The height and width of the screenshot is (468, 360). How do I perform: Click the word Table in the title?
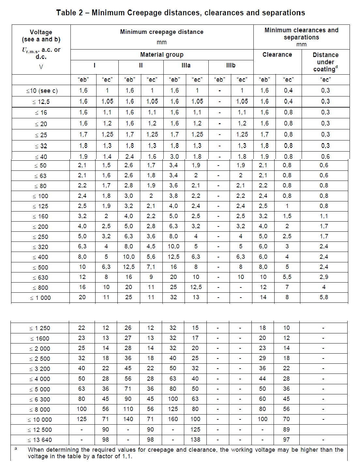pyautogui.click(x=66, y=13)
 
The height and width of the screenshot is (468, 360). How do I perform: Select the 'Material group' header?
pyautogui.click(x=162, y=55)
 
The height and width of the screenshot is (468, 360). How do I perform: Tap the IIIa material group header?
pyautogui.click(x=186, y=66)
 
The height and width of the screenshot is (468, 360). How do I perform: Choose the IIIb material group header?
pyautogui.click(x=231, y=66)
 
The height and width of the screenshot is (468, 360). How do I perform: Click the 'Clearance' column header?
pyautogui.click(x=277, y=55)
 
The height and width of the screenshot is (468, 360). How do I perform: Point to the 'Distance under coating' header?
pyautogui.click(x=325, y=62)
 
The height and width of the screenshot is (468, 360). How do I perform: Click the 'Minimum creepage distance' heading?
pyautogui.click(x=162, y=32)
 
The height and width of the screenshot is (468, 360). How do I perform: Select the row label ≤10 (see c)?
pyautogui.click(x=42, y=91)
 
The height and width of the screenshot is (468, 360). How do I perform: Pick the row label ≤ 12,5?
pyautogui.click(x=41, y=102)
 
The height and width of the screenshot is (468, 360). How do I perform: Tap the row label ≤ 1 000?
pyautogui.click(x=40, y=298)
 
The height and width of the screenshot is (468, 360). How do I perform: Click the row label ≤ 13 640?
pyautogui.click(x=40, y=440)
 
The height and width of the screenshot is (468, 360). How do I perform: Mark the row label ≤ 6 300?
pyautogui.click(x=40, y=400)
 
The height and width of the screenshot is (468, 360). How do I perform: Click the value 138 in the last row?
pyautogui.click(x=195, y=440)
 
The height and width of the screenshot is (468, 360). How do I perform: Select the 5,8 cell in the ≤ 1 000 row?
pyautogui.click(x=324, y=297)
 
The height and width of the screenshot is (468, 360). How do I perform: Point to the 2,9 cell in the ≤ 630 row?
pyautogui.click(x=324, y=277)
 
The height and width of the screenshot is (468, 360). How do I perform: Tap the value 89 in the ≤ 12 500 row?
pyautogui.click(x=286, y=430)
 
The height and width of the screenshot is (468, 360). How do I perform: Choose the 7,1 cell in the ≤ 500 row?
pyautogui.click(x=151, y=267)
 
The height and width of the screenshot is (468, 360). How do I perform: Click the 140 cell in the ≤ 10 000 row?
pyautogui.click(x=128, y=419)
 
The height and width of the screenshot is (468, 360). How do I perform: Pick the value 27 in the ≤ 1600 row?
pyautogui.click(x=128, y=338)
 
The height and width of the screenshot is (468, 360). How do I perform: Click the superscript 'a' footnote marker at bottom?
pyautogui.click(x=16, y=449)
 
